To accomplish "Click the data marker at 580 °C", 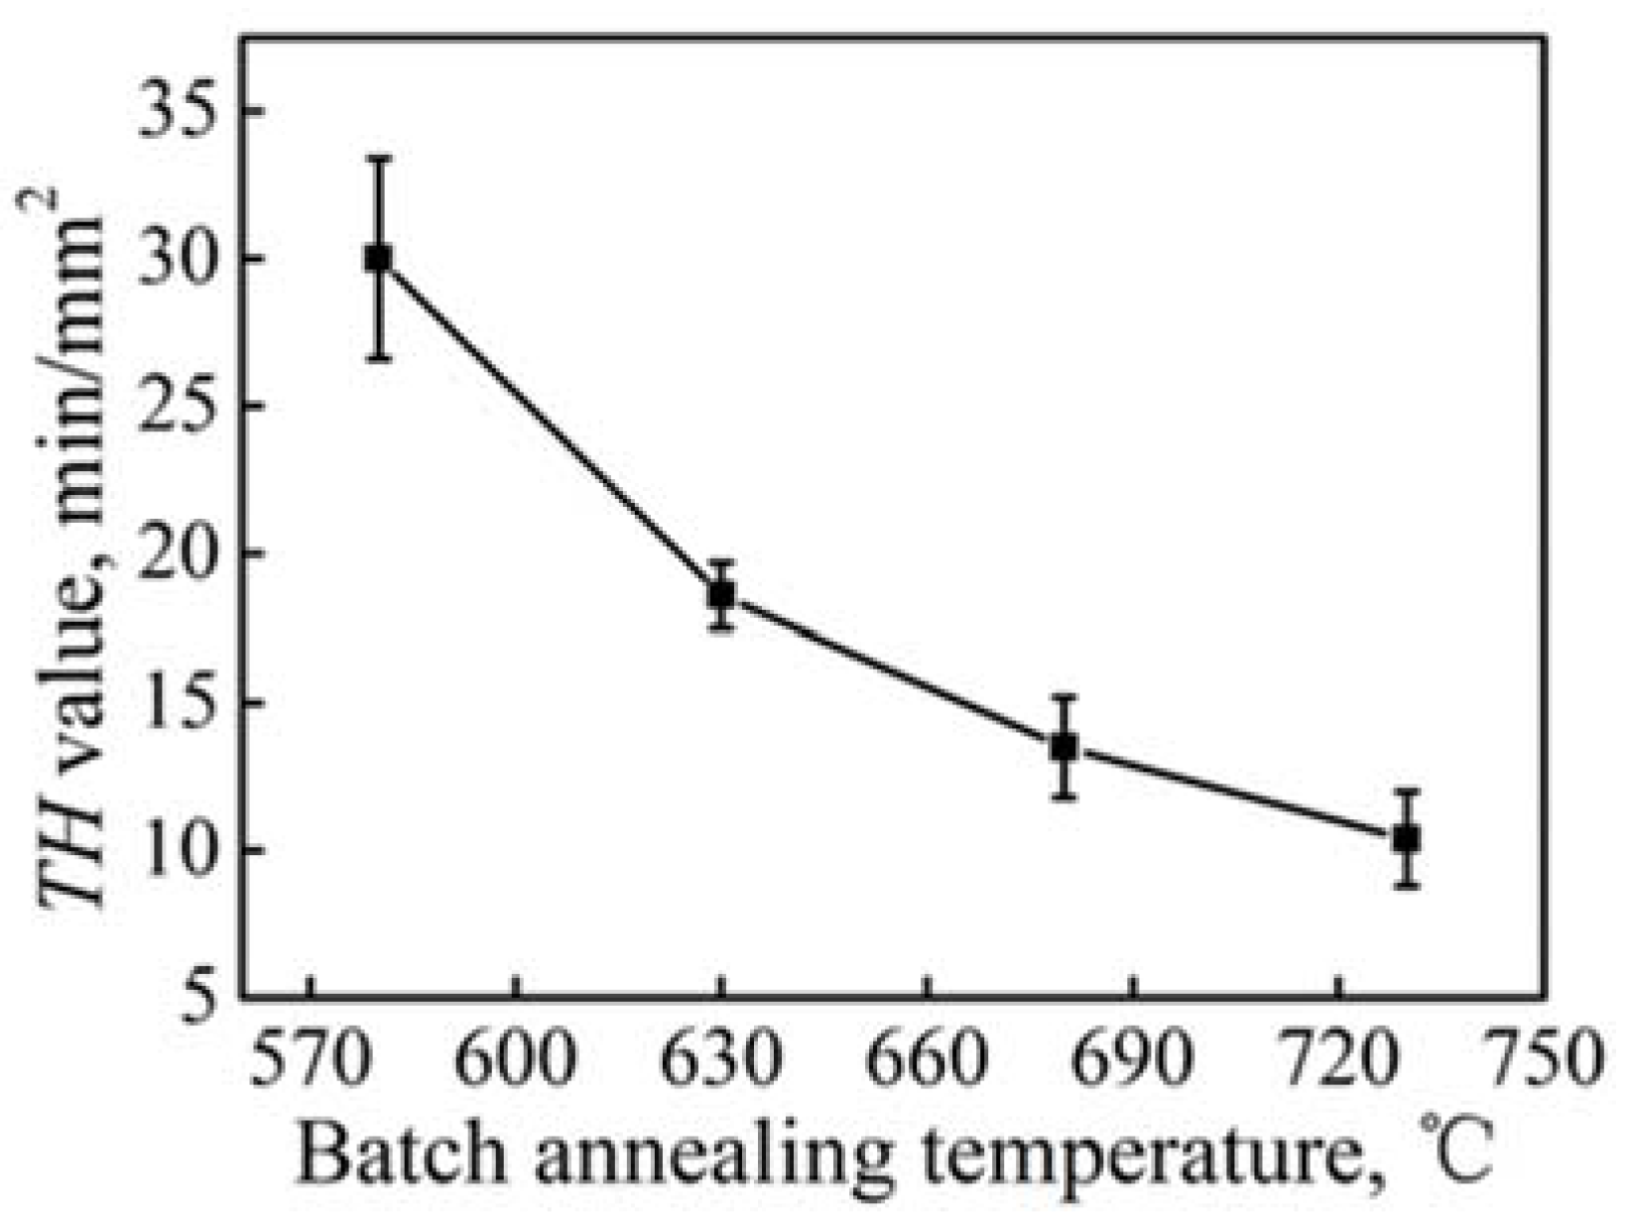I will (378, 259).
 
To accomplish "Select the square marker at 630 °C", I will (722, 595).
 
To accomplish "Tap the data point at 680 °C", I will (1065, 747).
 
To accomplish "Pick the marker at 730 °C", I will (1407, 839).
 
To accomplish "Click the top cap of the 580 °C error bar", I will (378, 158).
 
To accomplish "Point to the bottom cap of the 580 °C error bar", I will (378, 359).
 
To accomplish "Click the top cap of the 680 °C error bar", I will (1065, 697).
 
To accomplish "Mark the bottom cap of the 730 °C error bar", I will (1407, 886).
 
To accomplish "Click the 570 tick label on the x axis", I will (311, 1059).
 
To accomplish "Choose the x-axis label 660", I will (927, 1059).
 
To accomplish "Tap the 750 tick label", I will (1541, 1059).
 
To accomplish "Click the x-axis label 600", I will (516, 1059).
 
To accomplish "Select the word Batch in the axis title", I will (409, 1154).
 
